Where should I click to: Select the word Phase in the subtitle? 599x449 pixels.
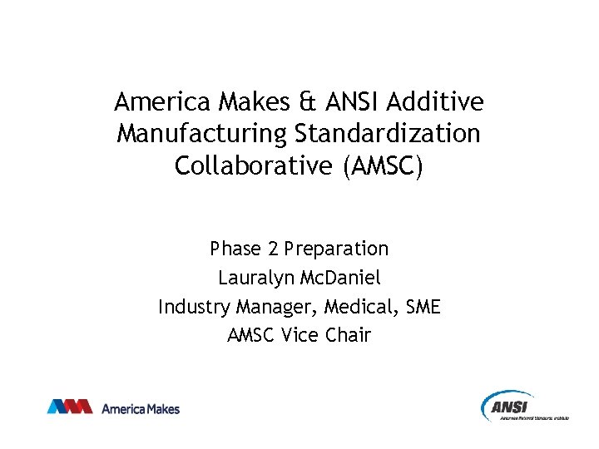click(x=236, y=248)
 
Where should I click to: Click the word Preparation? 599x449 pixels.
click(x=336, y=248)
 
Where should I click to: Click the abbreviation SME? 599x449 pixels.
click(x=423, y=307)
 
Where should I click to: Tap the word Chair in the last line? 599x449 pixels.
click(x=349, y=336)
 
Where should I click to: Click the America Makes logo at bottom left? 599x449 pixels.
click(x=113, y=407)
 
